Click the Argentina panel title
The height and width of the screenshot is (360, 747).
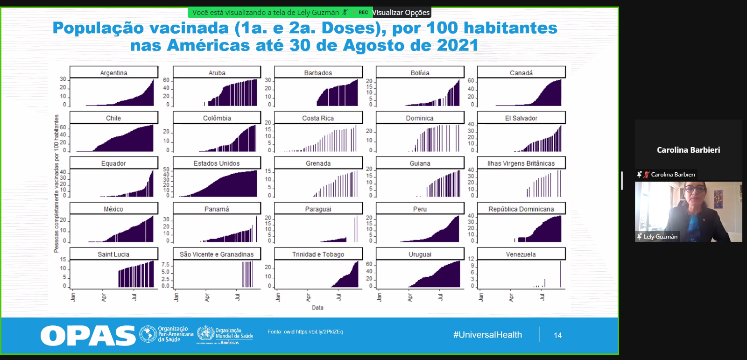pos(113,73)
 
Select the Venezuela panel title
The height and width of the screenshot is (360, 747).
pos(521,254)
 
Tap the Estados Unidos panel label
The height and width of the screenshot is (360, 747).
pos(217,163)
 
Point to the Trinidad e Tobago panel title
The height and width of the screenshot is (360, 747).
pos(318,254)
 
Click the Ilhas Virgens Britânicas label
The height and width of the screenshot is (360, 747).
pos(521,163)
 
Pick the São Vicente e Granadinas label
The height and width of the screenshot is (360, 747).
pos(217,254)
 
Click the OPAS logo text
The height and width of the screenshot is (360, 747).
pos(88,336)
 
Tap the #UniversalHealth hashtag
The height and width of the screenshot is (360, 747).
pos(487,335)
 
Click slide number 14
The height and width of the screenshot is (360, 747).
pos(557,335)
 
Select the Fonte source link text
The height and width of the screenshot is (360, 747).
pos(305,332)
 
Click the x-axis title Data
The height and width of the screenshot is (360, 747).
pos(317,308)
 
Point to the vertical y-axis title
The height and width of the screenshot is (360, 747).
pos(56,183)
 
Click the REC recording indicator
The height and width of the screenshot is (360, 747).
pos(363,13)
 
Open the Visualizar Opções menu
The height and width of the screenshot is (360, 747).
pos(401,13)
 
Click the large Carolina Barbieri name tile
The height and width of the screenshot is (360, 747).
pos(688,150)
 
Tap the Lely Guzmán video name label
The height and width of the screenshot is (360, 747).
pos(660,237)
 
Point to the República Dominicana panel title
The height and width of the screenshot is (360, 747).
pos(521,209)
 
